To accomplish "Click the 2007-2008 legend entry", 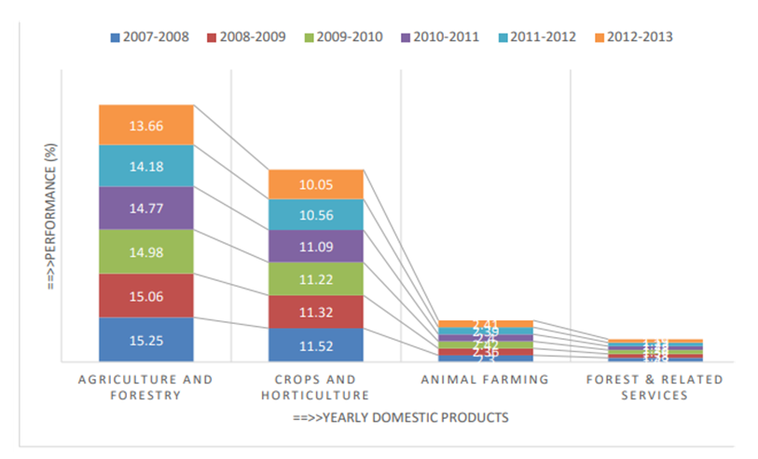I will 149,37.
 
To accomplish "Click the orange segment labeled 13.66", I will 146,125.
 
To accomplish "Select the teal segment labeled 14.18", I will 146,166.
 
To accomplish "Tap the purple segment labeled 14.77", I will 146,208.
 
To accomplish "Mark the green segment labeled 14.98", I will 146,251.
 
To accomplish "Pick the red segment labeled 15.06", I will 146,295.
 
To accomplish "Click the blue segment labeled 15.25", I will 146,340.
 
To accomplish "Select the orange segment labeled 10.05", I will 315,184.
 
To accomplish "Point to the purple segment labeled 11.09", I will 315,246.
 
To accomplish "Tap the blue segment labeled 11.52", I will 315,344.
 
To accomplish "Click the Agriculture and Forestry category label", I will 146,387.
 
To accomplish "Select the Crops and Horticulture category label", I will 315,387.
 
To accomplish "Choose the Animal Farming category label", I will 485,380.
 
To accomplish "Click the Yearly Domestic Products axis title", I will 400,417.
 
